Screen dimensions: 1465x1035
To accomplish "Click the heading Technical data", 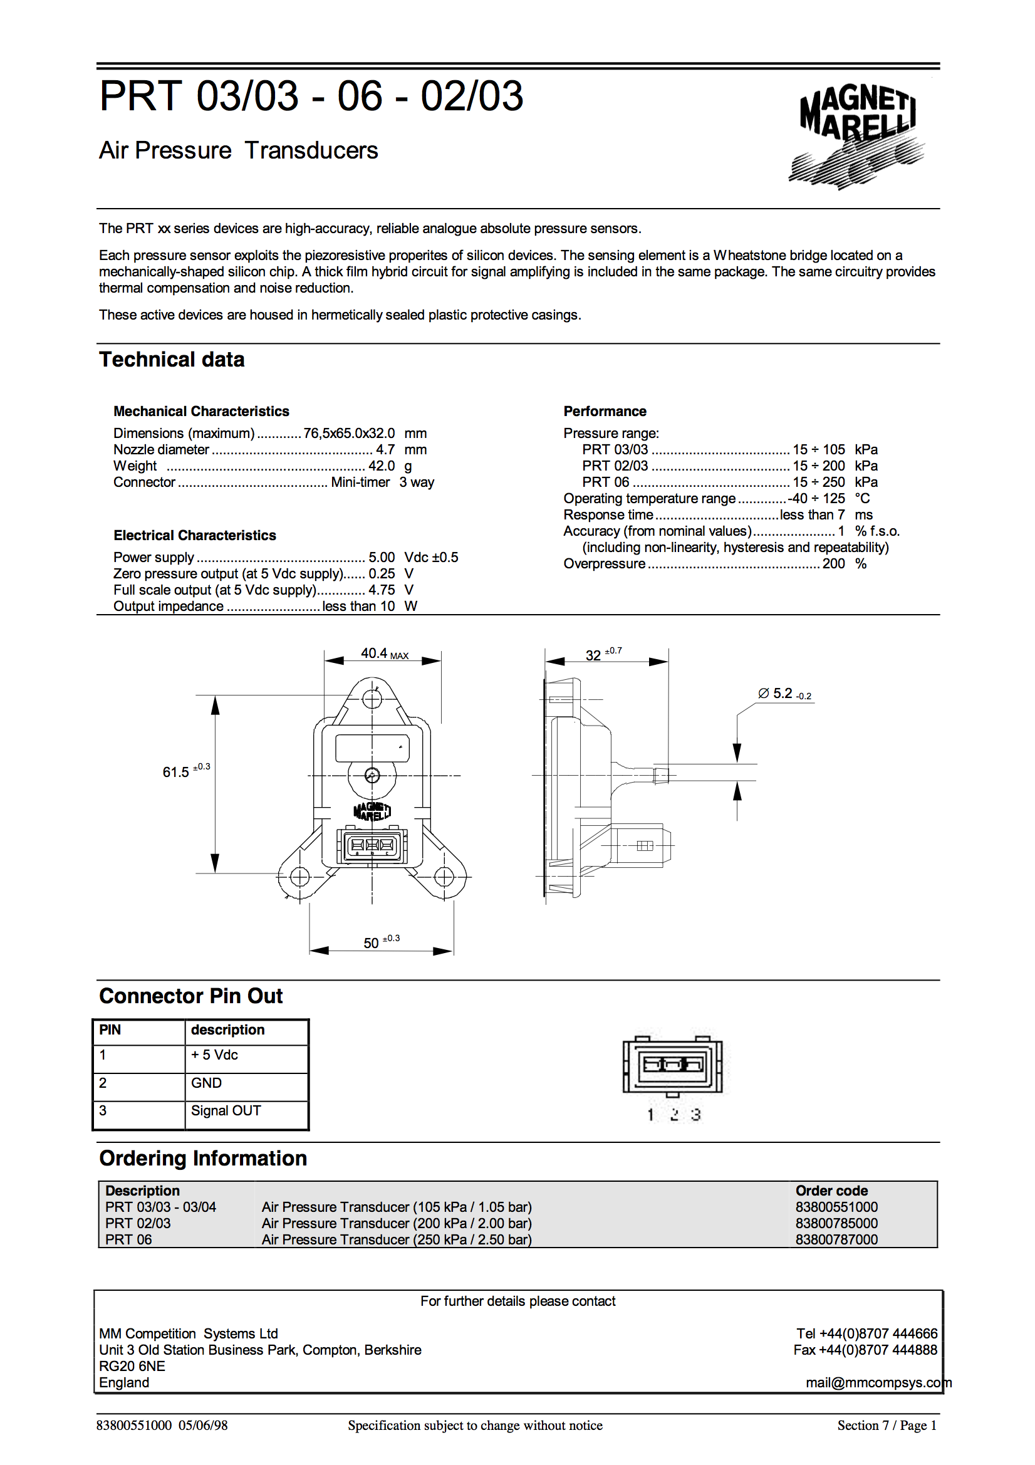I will click(x=172, y=360).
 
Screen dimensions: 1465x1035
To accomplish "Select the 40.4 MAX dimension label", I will click(x=383, y=654).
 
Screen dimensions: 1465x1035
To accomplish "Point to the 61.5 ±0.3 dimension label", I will click(x=185, y=771).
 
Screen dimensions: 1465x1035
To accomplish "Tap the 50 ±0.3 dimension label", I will click(x=381, y=942).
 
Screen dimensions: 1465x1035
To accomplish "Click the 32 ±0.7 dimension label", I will click(x=602, y=654).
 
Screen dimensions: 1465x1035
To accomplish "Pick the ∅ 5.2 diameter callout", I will click(x=784, y=694).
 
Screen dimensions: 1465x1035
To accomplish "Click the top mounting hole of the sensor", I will click(x=372, y=699).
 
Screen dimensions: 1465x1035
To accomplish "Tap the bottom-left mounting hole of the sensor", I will click(x=299, y=877).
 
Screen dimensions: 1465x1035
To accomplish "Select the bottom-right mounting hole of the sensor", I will click(x=444, y=877).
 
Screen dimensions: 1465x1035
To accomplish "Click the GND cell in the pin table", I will click(x=206, y=1083).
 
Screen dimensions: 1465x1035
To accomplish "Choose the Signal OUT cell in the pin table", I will click(x=226, y=1111).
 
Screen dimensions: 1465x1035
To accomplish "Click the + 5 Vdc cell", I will click(x=214, y=1055).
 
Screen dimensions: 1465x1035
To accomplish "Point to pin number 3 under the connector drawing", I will click(x=695, y=1114).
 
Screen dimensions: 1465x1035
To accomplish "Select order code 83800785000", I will click(x=836, y=1223).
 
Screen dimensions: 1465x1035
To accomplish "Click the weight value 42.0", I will click(x=381, y=466).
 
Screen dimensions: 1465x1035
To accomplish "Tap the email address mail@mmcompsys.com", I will click(x=877, y=1382).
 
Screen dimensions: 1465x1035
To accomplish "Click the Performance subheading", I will click(x=605, y=412).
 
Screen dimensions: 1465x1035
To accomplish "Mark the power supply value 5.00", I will click(x=381, y=557).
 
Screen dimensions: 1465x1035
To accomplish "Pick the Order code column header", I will click(x=831, y=1191).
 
